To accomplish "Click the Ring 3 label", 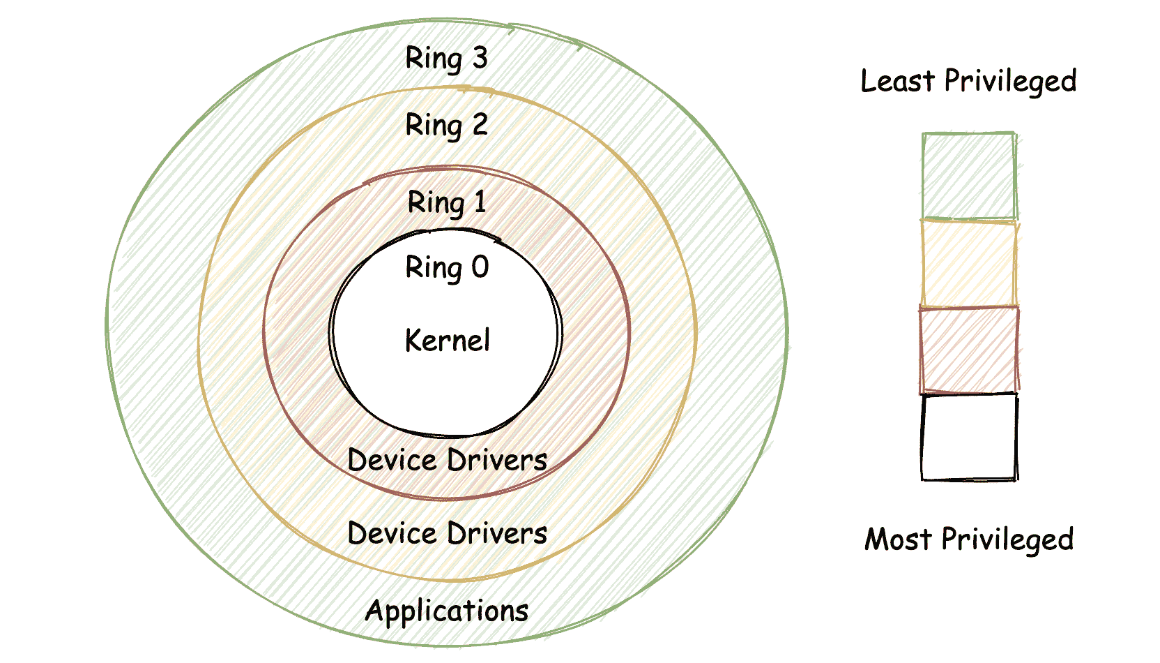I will [x=446, y=59].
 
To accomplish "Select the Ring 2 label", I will [x=446, y=126].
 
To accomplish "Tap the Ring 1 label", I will [x=446, y=203].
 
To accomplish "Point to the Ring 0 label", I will [x=447, y=268].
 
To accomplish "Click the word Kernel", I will [x=448, y=341].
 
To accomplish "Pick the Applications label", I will [x=447, y=611].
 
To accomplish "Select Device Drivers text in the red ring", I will [x=447, y=461].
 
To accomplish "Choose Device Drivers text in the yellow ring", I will [x=447, y=534].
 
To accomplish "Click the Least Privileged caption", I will [x=968, y=82].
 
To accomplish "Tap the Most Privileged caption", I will [x=969, y=539].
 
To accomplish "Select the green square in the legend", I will [x=968, y=176].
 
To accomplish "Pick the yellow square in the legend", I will [x=968, y=263].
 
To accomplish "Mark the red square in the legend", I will [x=968, y=350].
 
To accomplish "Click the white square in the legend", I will [x=968, y=437].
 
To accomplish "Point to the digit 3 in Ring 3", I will [x=480, y=57].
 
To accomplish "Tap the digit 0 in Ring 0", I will [x=480, y=267].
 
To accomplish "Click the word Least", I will [x=898, y=81].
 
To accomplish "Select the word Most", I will [x=898, y=539].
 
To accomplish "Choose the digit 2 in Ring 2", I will [x=480, y=124].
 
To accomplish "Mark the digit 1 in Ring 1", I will [x=480, y=202].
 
